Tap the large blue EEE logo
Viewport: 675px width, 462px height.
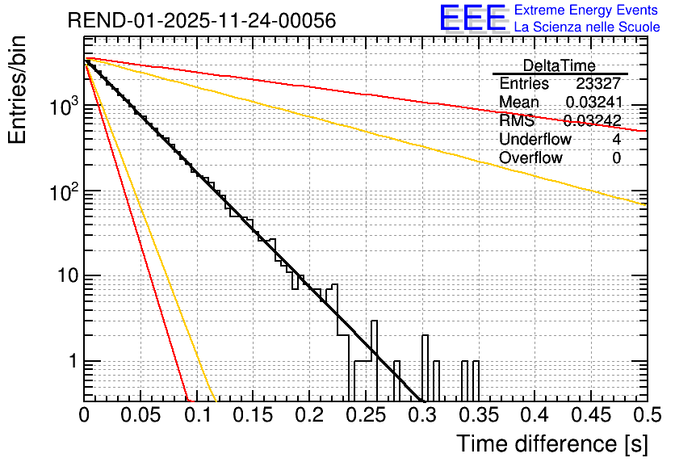(472, 19)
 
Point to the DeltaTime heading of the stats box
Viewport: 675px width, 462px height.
(559, 65)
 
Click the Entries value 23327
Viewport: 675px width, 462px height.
(598, 84)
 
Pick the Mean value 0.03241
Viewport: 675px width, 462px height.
(593, 103)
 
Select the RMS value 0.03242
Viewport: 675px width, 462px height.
(592, 121)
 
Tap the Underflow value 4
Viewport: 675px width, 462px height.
(616, 140)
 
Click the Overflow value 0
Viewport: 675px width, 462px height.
(616, 158)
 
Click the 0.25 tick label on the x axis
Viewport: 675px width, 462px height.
(366, 415)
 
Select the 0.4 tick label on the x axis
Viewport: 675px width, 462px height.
(535, 415)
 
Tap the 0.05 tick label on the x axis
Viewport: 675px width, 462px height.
(140, 415)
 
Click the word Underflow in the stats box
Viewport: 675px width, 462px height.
(535, 140)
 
